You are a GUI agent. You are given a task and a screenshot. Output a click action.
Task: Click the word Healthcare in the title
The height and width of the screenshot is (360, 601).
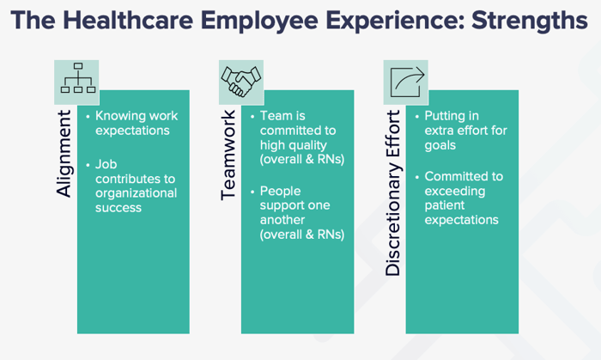click(128, 20)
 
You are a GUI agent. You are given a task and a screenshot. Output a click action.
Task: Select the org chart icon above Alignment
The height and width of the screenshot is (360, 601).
click(78, 78)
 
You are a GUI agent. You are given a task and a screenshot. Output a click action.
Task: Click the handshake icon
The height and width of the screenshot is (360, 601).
click(241, 82)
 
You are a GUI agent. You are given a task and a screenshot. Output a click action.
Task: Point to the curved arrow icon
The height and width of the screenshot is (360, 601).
click(407, 82)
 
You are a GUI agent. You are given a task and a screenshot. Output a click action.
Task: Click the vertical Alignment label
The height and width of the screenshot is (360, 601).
click(64, 153)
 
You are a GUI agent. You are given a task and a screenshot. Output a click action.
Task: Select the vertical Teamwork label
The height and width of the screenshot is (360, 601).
click(228, 155)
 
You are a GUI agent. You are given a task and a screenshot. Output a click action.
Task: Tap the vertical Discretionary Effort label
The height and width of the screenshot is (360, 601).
click(392, 192)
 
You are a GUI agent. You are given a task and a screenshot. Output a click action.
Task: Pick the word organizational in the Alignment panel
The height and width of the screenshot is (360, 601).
click(136, 193)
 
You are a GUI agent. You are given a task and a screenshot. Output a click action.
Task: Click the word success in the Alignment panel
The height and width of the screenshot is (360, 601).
click(118, 208)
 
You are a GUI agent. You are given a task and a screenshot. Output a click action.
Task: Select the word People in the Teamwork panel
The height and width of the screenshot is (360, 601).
click(280, 192)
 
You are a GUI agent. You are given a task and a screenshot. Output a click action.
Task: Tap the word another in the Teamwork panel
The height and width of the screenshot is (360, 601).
click(282, 220)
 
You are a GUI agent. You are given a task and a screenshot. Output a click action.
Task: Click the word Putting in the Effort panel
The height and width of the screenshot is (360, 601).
click(444, 116)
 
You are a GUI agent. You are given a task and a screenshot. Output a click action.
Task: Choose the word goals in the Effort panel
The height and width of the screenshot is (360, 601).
click(440, 146)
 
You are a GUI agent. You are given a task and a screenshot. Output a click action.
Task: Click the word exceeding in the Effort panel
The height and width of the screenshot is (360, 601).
click(455, 192)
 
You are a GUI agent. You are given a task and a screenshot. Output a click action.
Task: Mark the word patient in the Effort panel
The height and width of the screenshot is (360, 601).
click(445, 206)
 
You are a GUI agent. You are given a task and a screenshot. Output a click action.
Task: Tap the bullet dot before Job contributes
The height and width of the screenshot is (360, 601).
click(88, 165)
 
